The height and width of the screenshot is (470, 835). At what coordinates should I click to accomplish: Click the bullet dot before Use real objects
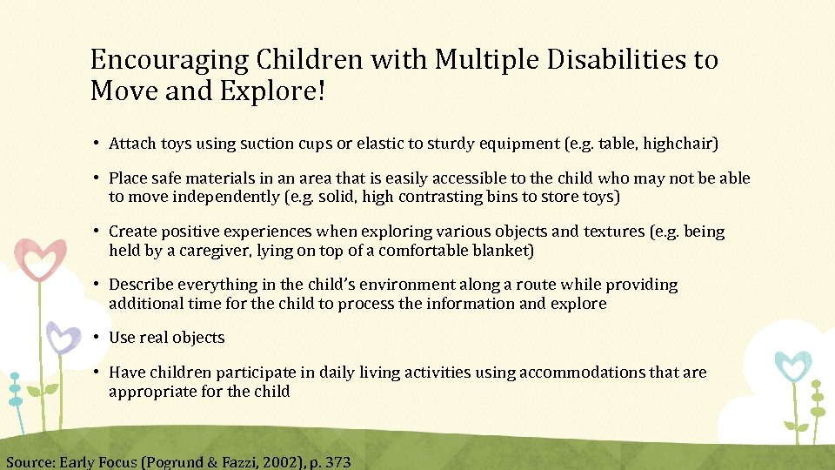99,338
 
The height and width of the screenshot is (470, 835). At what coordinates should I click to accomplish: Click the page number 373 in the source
337,462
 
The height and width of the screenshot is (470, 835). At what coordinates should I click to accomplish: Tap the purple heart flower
62,338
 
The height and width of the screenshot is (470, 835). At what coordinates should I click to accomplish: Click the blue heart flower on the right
792,366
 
